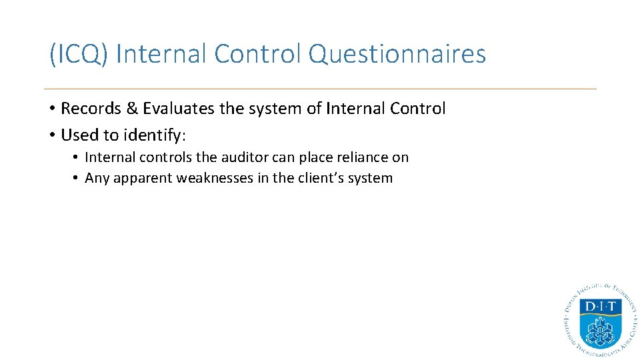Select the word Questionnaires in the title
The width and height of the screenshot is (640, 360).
(397, 54)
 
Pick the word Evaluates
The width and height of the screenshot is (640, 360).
(177, 109)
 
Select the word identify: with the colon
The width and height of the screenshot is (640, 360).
(155, 136)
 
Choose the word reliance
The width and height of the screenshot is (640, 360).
(361, 158)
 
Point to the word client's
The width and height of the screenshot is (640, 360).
(323, 179)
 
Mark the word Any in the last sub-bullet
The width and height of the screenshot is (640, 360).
(97, 179)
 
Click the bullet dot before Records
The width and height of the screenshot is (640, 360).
(51, 109)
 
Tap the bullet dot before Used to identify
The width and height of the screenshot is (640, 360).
(51, 135)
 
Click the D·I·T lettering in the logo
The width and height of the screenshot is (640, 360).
(599, 307)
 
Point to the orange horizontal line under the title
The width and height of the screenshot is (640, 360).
(320, 89)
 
